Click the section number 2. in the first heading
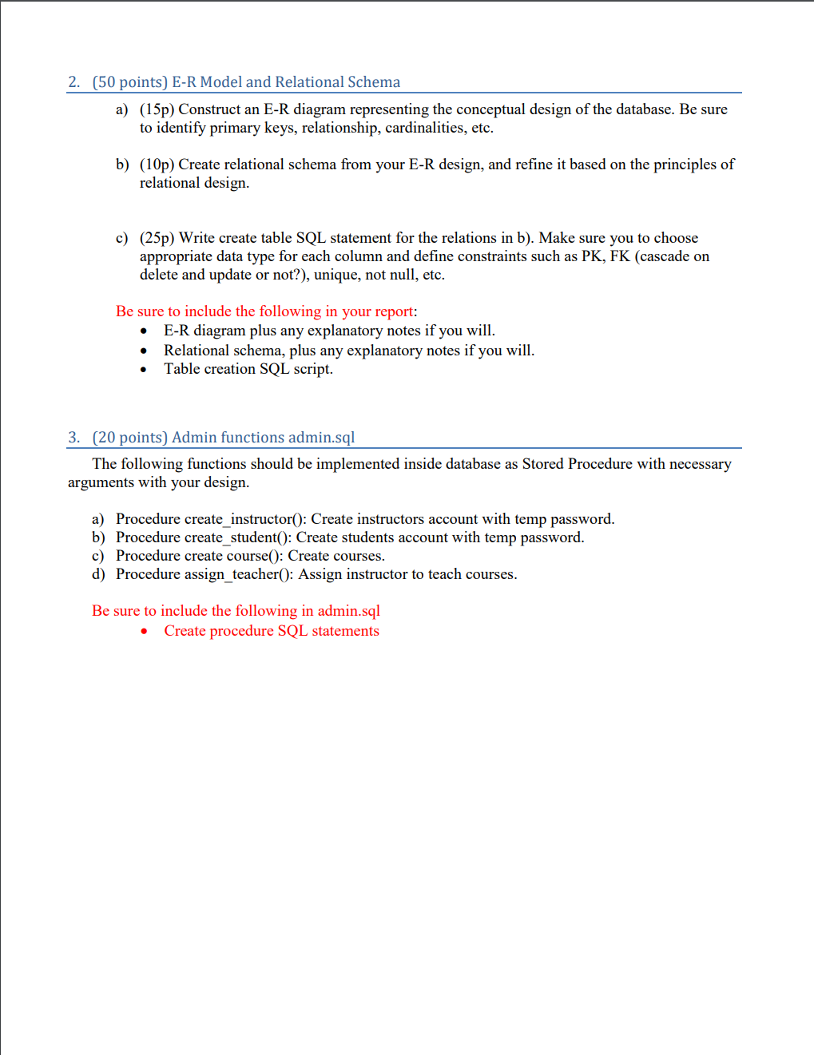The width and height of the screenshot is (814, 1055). coord(74,82)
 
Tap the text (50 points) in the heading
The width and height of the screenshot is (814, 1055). coord(130,82)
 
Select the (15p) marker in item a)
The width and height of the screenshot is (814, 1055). coord(157,109)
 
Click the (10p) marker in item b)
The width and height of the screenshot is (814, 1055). coord(157,165)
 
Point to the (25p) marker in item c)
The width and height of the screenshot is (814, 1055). coord(157,238)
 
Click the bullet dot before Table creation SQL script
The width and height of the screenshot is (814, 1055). coord(143,370)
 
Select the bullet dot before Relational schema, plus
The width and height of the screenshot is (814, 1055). coord(143,351)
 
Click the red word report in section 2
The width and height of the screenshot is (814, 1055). coord(394,311)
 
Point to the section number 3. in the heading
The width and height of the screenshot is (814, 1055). coord(74,438)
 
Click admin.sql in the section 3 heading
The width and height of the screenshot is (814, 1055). coord(321,438)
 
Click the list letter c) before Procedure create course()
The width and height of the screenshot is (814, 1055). coord(97,556)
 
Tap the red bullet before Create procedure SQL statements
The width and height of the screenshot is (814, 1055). coord(144,632)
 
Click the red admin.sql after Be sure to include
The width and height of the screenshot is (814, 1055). coord(348,611)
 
